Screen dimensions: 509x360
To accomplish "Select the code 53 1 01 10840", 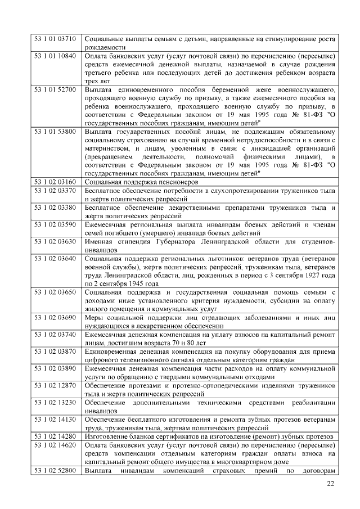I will pyautogui.click(x=55, y=56).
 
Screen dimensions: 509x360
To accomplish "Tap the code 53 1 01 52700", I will pyautogui.click(x=55, y=89).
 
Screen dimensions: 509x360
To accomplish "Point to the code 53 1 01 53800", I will pyautogui.click(x=55, y=131).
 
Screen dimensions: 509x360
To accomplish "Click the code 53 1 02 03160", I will pyautogui.click(x=55, y=182).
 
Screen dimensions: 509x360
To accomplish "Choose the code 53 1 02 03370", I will pyautogui.click(x=55, y=191).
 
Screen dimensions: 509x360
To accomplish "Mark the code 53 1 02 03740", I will pyautogui.click(x=55, y=334).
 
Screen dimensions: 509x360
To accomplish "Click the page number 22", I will pyautogui.click(x=330, y=484).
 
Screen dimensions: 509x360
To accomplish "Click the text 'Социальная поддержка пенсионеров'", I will pyautogui.click(x=141, y=182).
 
